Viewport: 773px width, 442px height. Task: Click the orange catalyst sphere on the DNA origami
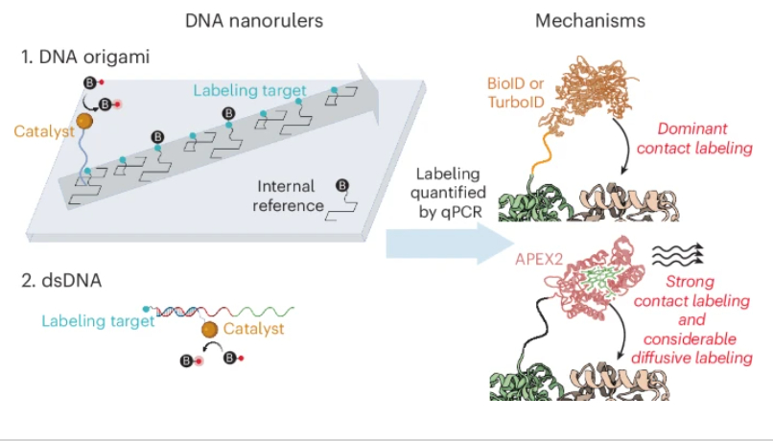[85, 122]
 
